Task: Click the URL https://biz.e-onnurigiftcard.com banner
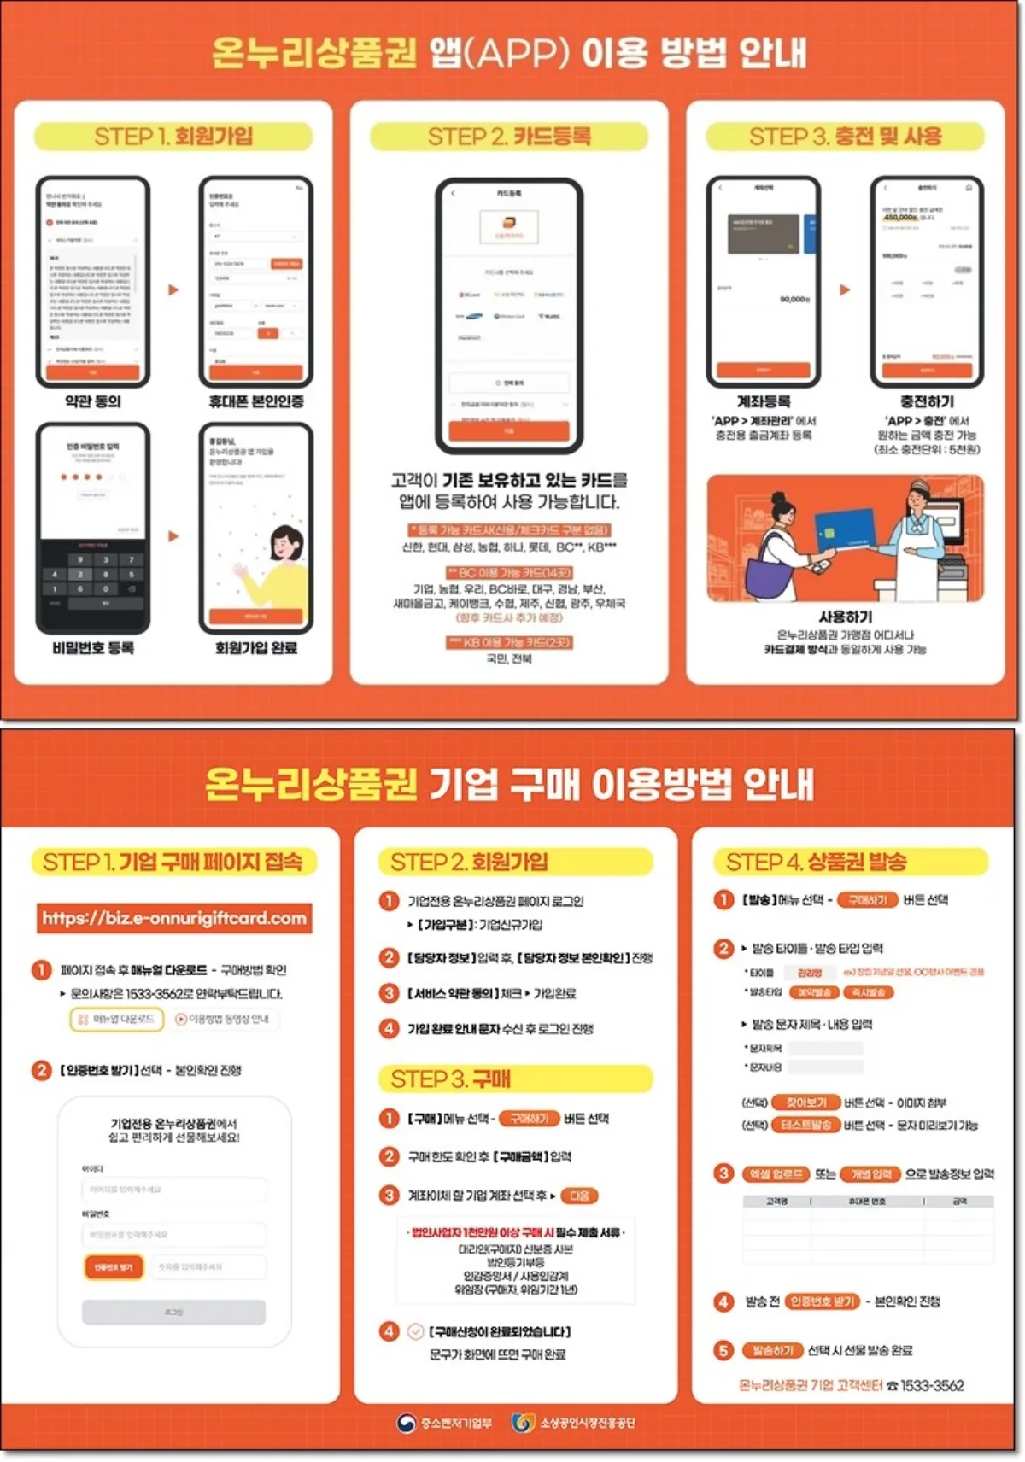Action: point(174,918)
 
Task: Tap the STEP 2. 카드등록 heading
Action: point(509,137)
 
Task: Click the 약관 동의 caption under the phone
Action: point(93,401)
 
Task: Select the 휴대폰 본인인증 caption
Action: point(256,401)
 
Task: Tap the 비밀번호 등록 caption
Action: point(93,648)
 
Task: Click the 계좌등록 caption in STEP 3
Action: point(764,401)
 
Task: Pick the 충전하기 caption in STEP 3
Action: point(927,401)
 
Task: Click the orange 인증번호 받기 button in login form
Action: point(114,1267)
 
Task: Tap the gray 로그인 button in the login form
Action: point(173,1312)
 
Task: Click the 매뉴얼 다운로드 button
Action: point(116,1019)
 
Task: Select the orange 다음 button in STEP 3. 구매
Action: point(579,1196)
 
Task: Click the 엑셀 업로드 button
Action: point(776,1174)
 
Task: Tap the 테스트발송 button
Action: point(805,1125)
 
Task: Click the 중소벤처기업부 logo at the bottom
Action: point(445,1423)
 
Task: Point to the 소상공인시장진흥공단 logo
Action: point(574,1423)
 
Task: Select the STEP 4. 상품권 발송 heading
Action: point(816,862)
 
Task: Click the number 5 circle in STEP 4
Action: point(723,1350)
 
